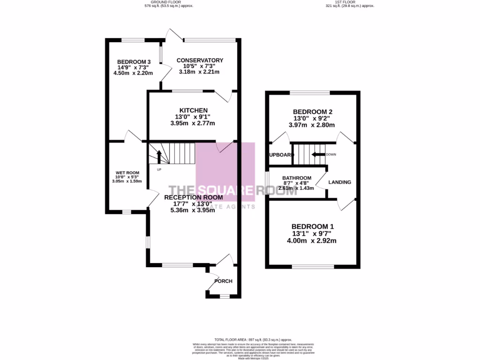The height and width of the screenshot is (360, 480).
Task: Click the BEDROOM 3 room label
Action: coord(134,62)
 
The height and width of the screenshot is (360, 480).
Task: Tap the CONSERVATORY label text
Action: coord(200,60)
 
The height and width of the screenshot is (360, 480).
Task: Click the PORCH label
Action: coord(223,281)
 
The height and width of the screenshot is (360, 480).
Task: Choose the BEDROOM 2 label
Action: coord(313,112)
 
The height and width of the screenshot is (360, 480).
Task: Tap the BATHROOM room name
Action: coord(297,178)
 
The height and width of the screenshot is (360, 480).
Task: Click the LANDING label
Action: coord(340,182)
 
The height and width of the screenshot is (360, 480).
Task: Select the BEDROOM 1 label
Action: coord(313,226)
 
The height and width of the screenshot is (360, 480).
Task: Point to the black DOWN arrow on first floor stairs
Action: coord(319,154)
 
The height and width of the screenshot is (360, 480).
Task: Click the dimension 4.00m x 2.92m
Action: coord(312,241)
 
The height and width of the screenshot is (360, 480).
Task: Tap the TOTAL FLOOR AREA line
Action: coord(253,339)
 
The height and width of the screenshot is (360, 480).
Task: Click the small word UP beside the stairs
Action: coord(159,169)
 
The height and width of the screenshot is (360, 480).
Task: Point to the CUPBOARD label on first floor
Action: coord(281,155)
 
